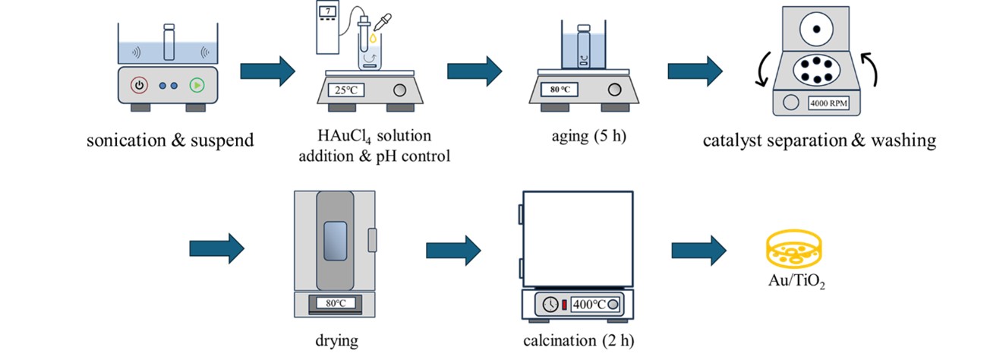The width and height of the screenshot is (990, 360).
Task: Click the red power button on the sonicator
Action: (x=138, y=85)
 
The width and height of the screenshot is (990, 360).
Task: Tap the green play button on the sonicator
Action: (x=197, y=85)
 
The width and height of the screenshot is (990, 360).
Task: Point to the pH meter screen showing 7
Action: (x=327, y=12)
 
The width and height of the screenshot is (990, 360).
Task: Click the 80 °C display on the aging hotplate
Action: (x=560, y=90)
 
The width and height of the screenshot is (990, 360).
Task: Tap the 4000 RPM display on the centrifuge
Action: (x=832, y=103)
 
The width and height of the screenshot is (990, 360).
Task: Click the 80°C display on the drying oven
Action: (x=336, y=304)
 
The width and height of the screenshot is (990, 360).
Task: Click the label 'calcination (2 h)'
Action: (x=578, y=339)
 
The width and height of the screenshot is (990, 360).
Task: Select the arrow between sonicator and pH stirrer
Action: (x=268, y=71)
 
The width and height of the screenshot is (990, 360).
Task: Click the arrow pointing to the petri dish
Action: (x=698, y=248)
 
